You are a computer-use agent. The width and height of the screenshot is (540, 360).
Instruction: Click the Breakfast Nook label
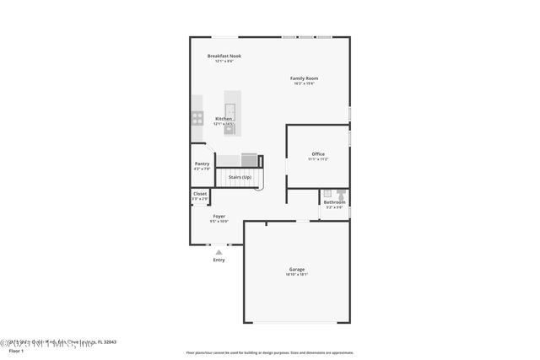tap(224, 56)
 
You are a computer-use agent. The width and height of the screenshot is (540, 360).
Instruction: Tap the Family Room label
tap(304, 78)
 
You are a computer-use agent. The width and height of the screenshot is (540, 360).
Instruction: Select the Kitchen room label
tap(224, 119)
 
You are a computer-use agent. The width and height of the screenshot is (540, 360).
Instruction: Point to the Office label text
tap(318, 153)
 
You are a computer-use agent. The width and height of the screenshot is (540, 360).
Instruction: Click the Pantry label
tap(202, 164)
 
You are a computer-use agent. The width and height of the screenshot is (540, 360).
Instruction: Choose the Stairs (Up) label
tap(240, 177)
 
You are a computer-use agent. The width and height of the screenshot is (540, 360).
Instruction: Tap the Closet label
tap(200, 194)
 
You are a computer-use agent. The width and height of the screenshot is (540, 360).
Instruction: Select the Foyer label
tap(219, 216)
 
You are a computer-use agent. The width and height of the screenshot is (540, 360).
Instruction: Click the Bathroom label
tap(335, 202)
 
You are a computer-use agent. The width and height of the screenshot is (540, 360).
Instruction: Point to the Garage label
tap(297, 269)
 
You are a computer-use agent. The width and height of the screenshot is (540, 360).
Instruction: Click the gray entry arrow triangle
tap(219, 251)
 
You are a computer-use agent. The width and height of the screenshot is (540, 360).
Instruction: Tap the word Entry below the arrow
tap(219, 260)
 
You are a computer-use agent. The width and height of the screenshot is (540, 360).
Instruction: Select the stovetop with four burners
tap(197, 119)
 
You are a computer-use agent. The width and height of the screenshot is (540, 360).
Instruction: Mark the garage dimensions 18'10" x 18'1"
tap(297, 274)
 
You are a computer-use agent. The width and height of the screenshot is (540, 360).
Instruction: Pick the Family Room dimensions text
tap(304, 83)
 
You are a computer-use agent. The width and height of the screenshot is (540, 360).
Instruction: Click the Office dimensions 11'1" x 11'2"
tap(318, 159)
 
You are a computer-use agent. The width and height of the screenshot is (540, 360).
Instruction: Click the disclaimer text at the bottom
tap(269, 352)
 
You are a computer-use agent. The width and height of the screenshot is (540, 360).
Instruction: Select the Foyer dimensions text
tap(219, 221)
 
